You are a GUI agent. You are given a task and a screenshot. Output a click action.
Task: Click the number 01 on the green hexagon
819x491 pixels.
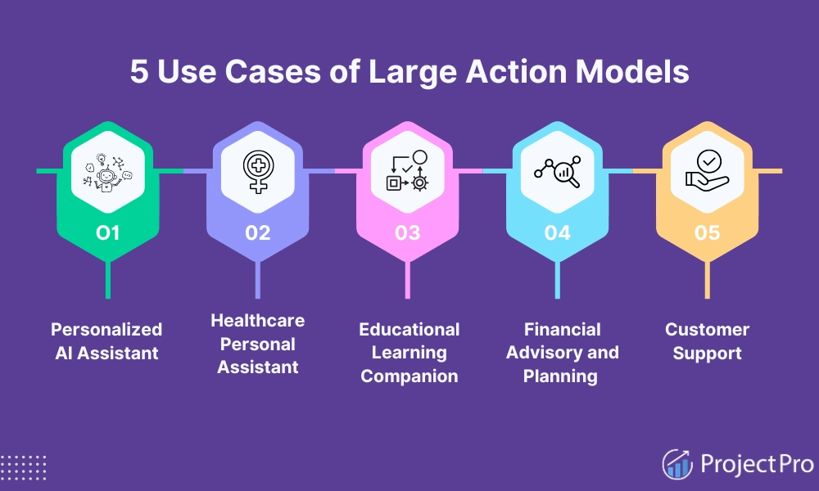coord(108,233)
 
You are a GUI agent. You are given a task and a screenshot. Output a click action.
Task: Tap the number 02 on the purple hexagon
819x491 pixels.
coord(257,233)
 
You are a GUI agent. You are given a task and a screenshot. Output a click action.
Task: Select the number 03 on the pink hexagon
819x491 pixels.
coord(407,233)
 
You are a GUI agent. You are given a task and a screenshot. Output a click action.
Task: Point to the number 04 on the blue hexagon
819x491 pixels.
coord(557,233)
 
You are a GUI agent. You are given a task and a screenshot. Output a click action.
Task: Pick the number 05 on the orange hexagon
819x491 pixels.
coord(707,233)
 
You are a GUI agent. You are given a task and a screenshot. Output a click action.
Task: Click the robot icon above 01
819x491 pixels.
coord(108,173)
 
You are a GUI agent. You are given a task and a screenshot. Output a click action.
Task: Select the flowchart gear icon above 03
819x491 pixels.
coord(407,172)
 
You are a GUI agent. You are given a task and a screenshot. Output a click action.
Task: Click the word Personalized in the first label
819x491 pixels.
coord(106,329)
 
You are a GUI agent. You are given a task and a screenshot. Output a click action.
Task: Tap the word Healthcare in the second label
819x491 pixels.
coord(257,320)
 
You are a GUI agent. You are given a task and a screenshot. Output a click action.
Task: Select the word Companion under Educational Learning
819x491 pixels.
coord(409,376)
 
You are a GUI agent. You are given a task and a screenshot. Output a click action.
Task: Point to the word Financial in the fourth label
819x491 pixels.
coord(563,329)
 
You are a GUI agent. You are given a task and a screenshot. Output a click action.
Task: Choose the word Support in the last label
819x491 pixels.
coord(707,354)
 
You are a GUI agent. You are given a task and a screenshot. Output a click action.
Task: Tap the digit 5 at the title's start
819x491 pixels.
coord(138,72)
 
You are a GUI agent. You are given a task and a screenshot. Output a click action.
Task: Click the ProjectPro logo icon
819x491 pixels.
coord(677,464)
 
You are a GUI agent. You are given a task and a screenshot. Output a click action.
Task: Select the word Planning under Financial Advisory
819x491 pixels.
coord(563,376)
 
